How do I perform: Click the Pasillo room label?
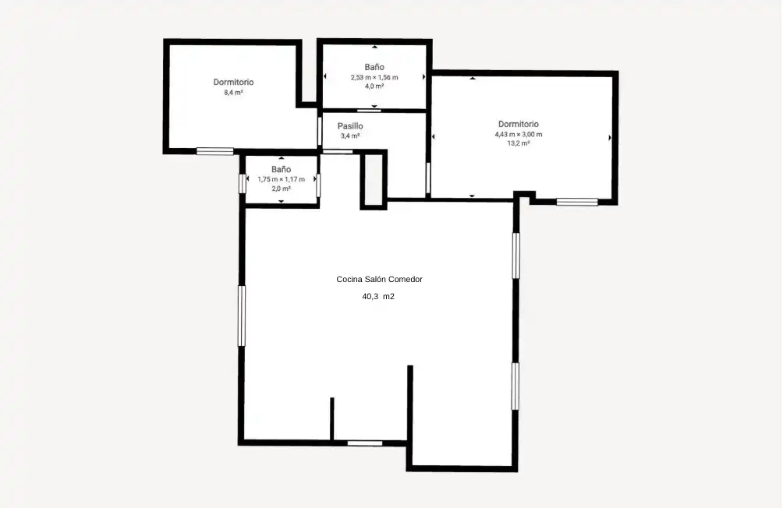click(x=350, y=126)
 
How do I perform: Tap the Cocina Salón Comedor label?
click(x=380, y=280)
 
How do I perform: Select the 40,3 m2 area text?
click(x=378, y=296)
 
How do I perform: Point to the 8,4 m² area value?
click(x=233, y=93)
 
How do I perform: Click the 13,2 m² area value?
click(x=519, y=143)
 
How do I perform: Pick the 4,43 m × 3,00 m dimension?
click(x=519, y=134)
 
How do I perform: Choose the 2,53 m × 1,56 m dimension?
click(x=374, y=77)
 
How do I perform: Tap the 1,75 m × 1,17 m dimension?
click(x=281, y=180)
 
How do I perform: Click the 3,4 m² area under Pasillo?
click(x=350, y=136)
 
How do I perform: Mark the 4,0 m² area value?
click(x=374, y=86)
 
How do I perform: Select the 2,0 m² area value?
click(x=281, y=189)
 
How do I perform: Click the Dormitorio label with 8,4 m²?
click(x=233, y=83)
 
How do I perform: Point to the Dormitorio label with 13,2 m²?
click(x=519, y=124)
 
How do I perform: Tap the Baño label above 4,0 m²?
click(x=374, y=67)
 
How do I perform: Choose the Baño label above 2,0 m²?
click(x=281, y=170)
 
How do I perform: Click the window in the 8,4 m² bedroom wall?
click(x=214, y=151)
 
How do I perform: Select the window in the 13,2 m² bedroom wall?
click(x=577, y=202)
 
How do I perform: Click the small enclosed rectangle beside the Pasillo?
click(x=374, y=180)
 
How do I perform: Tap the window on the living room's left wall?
click(x=242, y=316)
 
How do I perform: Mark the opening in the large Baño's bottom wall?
click(x=369, y=110)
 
